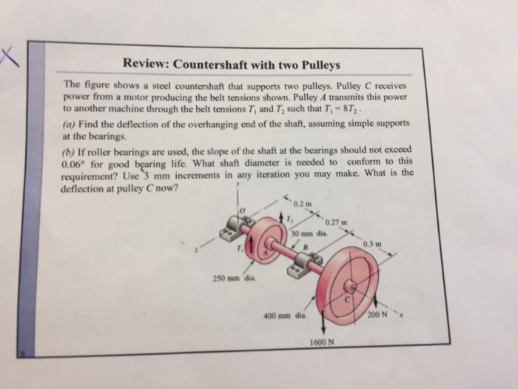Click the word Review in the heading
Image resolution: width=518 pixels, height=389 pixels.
coord(146,64)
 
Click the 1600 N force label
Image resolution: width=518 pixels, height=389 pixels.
coord(322,342)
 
